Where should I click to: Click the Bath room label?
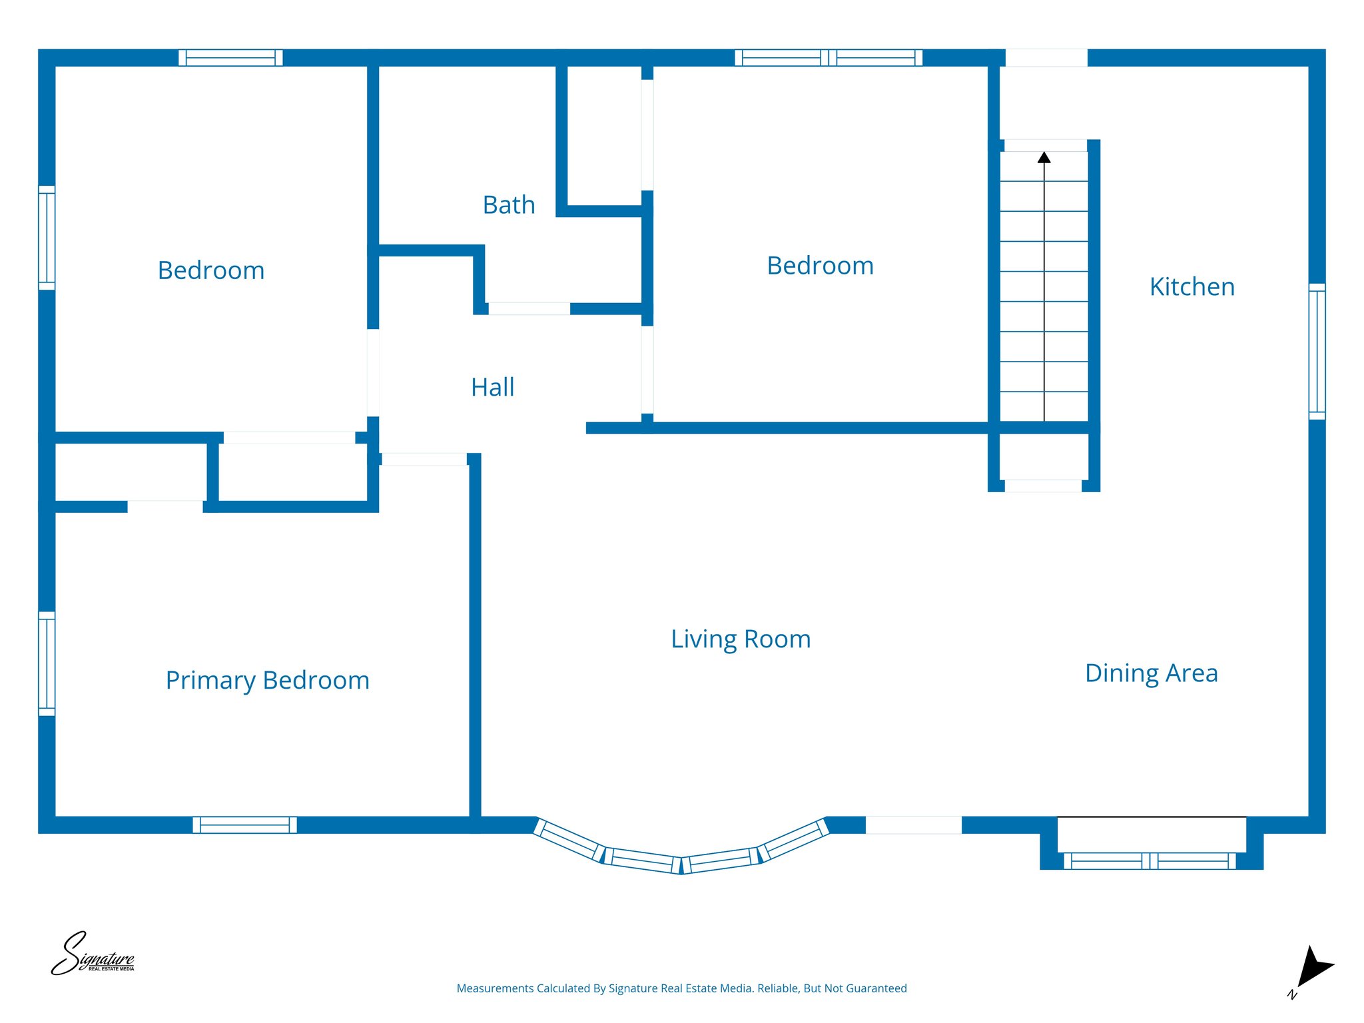point(509,204)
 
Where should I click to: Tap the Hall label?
point(492,387)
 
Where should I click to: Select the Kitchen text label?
point(1192,286)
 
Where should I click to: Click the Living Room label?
point(741,639)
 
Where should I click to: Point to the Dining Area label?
point(1151,673)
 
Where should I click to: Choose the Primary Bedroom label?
point(267,680)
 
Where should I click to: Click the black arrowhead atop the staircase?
point(1044,158)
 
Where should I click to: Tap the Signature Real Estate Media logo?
point(93,954)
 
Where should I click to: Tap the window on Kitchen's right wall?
point(1317,351)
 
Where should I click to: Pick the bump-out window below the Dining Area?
point(1150,860)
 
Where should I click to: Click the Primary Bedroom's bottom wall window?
point(244,825)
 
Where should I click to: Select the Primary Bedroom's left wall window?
point(47,663)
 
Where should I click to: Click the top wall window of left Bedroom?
point(230,57)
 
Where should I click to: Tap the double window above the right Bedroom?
point(828,57)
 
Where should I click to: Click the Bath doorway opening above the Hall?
point(529,308)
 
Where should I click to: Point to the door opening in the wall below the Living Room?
point(913,825)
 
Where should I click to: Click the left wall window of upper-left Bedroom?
point(47,238)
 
